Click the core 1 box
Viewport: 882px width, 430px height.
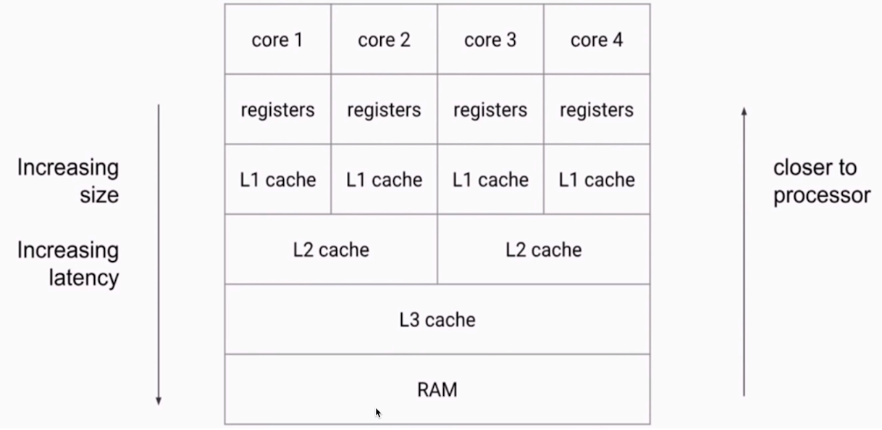tap(277, 40)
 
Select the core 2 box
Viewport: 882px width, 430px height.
tap(384, 40)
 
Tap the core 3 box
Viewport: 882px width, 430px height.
tap(490, 40)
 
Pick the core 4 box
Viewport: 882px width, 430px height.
tap(597, 40)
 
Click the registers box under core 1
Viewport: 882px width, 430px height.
tap(277, 109)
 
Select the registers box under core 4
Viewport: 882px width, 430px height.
tap(597, 109)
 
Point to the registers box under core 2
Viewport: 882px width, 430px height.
tap(384, 109)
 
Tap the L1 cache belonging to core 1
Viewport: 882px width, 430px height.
tap(277, 180)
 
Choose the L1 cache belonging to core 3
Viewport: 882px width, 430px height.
tap(490, 180)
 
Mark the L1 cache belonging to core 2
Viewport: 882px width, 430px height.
tap(384, 180)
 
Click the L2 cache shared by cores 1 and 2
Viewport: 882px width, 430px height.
tap(331, 250)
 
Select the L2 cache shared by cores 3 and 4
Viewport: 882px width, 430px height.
tap(543, 250)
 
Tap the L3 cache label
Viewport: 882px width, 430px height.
tap(437, 320)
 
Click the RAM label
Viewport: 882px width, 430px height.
tap(437, 390)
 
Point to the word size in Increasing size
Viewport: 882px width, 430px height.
tap(99, 196)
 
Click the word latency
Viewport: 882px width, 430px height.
tap(84, 278)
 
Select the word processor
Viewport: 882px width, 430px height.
tap(822, 196)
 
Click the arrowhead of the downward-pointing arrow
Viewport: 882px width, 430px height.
tap(159, 401)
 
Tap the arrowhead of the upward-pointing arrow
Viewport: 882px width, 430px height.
tap(744, 111)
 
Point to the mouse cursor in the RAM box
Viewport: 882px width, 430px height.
tap(378, 413)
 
